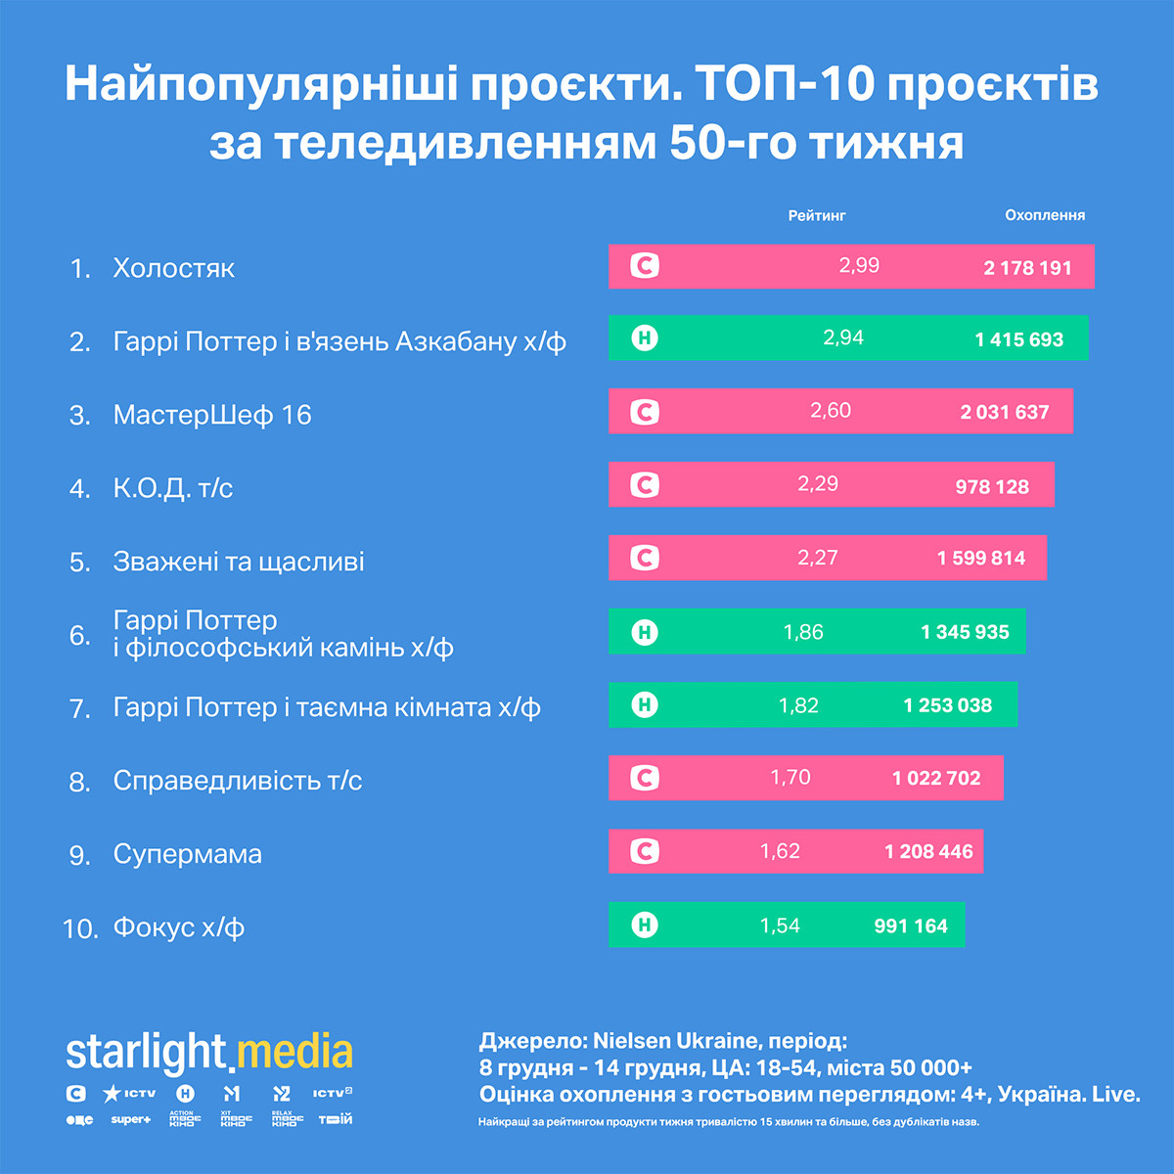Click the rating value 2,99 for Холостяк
click(x=859, y=265)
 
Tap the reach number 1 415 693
click(x=1018, y=339)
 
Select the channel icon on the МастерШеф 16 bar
click(x=644, y=412)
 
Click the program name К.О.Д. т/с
click(x=173, y=487)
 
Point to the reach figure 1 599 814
click(x=981, y=558)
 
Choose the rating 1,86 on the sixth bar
click(x=803, y=632)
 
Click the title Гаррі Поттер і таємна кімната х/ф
click(x=327, y=707)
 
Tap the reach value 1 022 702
click(x=936, y=778)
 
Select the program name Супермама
click(x=188, y=854)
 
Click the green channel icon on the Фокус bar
click(x=644, y=925)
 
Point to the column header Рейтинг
click(x=817, y=215)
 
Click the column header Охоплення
click(x=1045, y=215)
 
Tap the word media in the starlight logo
click(x=295, y=1052)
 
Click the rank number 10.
click(x=80, y=928)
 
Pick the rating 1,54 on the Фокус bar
click(x=780, y=926)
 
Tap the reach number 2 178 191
click(x=1027, y=267)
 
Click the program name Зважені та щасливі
click(x=239, y=562)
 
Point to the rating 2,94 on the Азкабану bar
click(x=843, y=339)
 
